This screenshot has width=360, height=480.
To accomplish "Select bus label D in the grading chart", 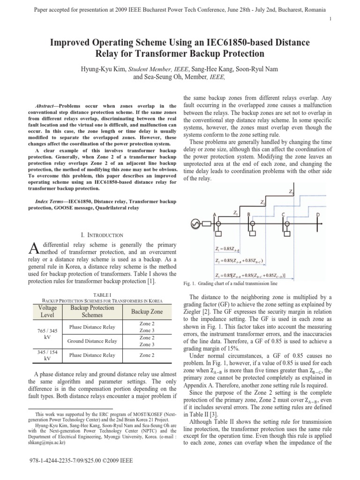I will (318, 214).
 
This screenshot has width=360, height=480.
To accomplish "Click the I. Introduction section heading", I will (102, 235).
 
